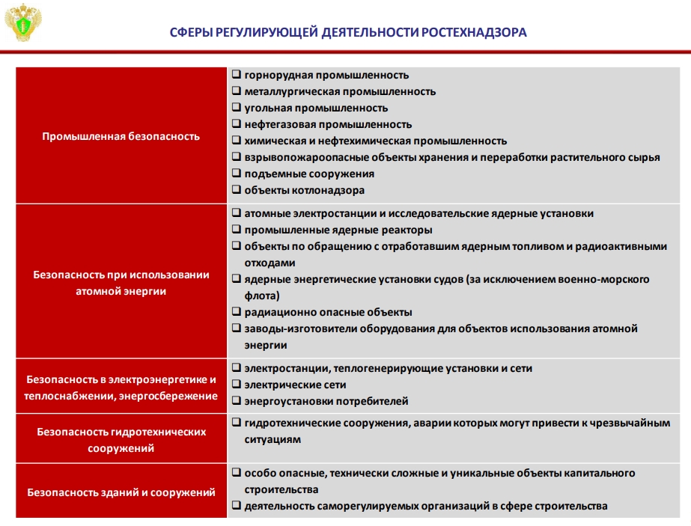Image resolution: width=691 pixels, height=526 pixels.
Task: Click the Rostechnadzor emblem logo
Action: click(x=23, y=22)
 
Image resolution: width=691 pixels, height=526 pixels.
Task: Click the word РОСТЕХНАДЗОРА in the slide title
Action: click(x=474, y=33)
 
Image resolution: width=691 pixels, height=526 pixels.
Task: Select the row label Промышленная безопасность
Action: click(x=121, y=137)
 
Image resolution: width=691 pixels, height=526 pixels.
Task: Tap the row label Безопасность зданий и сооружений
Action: click(x=121, y=492)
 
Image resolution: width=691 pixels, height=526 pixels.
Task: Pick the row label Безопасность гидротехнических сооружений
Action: click(x=121, y=440)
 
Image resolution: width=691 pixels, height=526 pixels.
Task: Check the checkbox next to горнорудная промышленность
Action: click(x=237, y=74)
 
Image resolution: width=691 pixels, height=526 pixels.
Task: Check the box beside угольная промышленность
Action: click(x=237, y=107)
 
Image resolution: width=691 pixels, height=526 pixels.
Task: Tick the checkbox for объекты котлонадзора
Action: click(x=237, y=189)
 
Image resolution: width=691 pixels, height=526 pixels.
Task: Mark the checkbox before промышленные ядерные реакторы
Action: click(x=237, y=229)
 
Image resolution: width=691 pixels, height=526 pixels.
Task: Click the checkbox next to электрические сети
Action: click(x=237, y=384)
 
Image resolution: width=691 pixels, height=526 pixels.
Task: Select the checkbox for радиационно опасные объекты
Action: click(x=237, y=311)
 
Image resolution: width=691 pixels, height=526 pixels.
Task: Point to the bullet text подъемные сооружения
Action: click(x=309, y=174)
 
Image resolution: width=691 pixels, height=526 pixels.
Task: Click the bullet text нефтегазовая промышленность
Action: click(x=329, y=125)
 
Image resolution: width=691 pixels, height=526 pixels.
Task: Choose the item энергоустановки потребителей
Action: click(x=326, y=401)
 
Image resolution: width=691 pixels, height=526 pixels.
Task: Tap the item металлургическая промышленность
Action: click(x=340, y=91)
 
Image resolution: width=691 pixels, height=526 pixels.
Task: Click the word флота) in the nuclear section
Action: click(x=262, y=296)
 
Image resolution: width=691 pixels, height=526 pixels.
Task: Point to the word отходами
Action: click(x=270, y=263)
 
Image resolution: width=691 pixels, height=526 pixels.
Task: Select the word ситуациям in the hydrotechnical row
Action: click(x=273, y=440)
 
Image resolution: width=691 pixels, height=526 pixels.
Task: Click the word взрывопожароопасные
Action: click(x=306, y=158)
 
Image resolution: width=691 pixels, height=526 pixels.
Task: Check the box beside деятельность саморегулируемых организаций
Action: click(x=237, y=505)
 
